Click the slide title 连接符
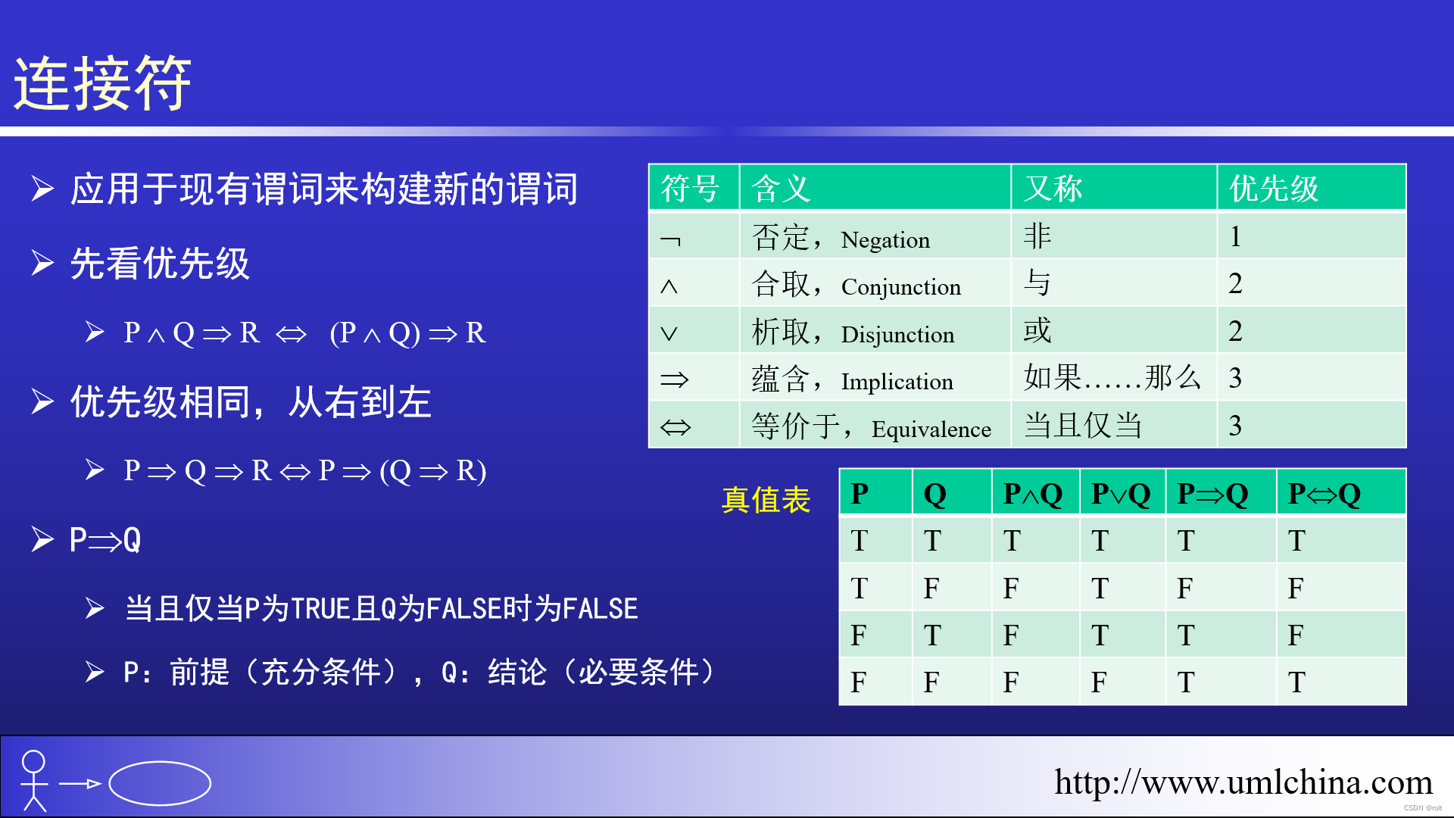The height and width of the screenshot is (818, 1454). click(102, 83)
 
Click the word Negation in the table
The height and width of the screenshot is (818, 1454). click(885, 240)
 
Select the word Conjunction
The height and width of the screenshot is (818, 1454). click(901, 287)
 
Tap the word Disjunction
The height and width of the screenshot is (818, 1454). click(897, 334)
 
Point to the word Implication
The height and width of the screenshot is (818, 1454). click(897, 381)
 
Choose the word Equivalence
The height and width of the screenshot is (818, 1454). click(931, 429)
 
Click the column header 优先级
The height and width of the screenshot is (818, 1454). click(1274, 188)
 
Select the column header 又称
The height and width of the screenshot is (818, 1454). click(1053, 188)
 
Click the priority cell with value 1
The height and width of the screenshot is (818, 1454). click(1235, 237)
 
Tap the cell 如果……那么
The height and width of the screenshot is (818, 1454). click(1112, 377)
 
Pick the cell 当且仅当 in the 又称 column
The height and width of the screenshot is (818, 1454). click(1083, 425)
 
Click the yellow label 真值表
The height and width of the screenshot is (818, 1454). click(766, 500)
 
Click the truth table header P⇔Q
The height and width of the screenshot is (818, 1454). click(1324, 494)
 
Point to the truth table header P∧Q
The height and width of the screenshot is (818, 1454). click(1032, 494)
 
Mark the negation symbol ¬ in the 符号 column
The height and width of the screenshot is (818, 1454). click(670, 241)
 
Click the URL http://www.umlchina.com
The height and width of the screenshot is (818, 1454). click(1243, 782)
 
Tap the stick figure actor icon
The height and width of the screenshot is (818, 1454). click(34, 781)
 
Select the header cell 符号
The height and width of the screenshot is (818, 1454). click(690, 188)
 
